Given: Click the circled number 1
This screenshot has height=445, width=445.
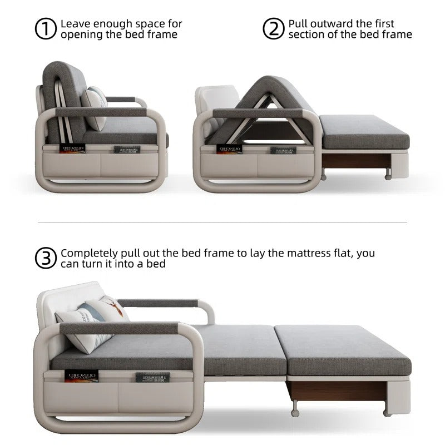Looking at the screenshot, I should click(46, 29).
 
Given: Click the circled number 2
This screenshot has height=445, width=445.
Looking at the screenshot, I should click(273, 29).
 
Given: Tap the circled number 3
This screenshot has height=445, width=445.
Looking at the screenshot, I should click(46, 258).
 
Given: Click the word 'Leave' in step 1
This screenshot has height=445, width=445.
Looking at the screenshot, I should click(76, 24).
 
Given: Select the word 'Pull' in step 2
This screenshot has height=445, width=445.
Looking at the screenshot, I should click(299, 24).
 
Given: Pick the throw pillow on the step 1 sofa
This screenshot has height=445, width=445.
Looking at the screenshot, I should click(96, 108).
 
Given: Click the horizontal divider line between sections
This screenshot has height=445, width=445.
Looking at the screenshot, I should click(222, 222).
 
